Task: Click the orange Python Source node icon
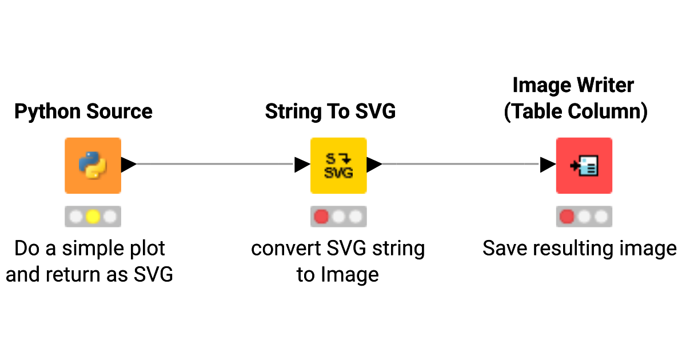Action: click(93, 165)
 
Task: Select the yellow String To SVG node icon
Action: click(338, 165)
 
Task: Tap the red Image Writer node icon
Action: click(584, 165)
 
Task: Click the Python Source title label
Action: click(83, 111)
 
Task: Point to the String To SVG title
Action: click(330, 111)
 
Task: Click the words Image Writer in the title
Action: click(573, 86)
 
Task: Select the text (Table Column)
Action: click(576, 111)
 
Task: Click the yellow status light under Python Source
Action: click(93, 217)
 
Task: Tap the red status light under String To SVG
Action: click(322, 217)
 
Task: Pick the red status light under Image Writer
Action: click(567, 217)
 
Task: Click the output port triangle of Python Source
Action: click(129, 165)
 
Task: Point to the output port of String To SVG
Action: click(374, 165)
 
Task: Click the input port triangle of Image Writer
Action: click(548, 165)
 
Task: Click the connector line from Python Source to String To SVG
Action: click(215, 165)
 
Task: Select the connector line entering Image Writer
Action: click(461, 165)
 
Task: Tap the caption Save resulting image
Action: click(580, 249)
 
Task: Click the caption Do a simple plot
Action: click(90, 249)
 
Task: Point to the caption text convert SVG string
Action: click(338, 249)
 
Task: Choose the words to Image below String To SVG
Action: click(338, 275)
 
